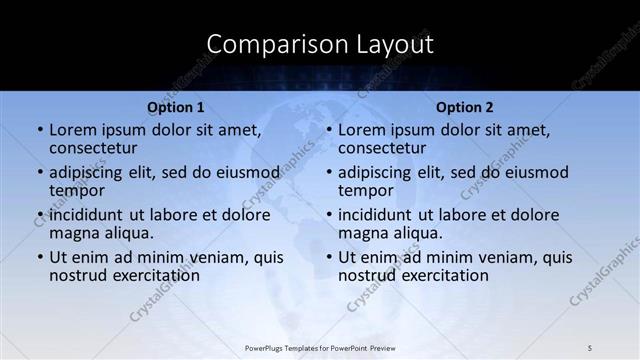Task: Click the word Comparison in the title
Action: click(x=270, y=44)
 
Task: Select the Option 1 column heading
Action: click(x=175, y=107)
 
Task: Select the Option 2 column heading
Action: click(x=464, y=107)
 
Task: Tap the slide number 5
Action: click(x=590, y=347)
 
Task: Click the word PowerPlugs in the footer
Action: click(x=266, y=347)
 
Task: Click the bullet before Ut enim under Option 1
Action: click(x=39, y=258)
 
